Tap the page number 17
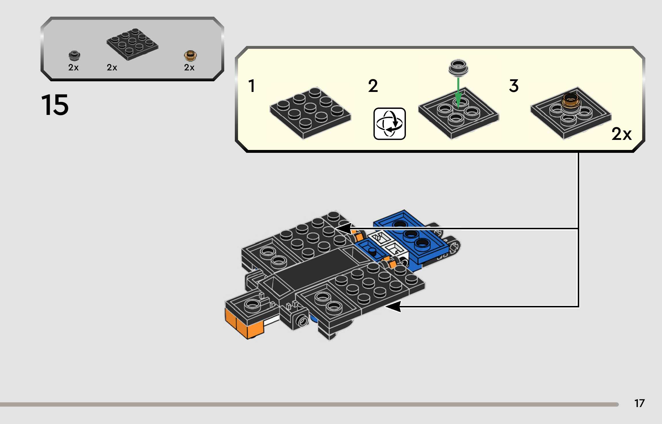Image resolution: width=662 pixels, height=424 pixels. pos(639,403)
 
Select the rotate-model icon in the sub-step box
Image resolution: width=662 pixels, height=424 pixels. pos(389,124)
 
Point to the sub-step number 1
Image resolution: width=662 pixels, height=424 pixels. pos(252,86)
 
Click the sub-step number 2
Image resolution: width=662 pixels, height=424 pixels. pos(373,86)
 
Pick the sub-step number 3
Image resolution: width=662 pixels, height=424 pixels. pos(514,86)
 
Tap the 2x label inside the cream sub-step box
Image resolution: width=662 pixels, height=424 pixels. pos(621,134)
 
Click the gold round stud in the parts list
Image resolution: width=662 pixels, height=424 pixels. pos(190,56)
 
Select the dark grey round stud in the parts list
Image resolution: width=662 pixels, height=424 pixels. pos(74,55)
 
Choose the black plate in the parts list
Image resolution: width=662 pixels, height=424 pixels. pos(132,44)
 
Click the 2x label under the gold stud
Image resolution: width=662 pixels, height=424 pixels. pos(189,68)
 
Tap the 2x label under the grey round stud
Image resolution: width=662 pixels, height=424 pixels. pos(73,68)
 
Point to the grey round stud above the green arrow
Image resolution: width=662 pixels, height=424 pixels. pos(458,68)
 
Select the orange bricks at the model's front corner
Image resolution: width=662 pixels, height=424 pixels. pos(244,325)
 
